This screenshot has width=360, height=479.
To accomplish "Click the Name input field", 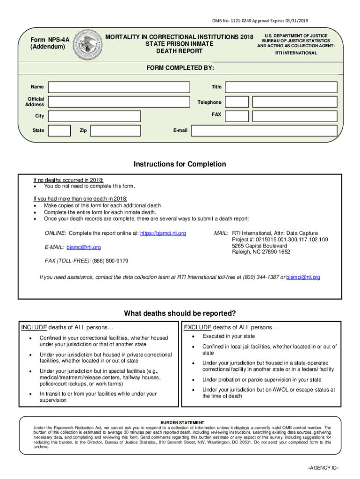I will tap(119, 87).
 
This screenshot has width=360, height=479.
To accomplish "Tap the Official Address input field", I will tap(119, 102).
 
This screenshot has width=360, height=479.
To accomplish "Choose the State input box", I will tap(59, 131).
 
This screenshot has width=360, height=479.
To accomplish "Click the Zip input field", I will tap(115, 131).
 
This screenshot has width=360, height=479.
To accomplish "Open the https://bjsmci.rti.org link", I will tap(163, 233).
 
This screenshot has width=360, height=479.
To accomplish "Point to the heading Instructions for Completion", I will tap(180, 164).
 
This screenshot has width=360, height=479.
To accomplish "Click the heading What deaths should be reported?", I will tap(180, 313).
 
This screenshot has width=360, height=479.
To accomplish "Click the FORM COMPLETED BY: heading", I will tap(180, 68).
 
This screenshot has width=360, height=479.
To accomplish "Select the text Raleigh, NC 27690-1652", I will tap(261, 252).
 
